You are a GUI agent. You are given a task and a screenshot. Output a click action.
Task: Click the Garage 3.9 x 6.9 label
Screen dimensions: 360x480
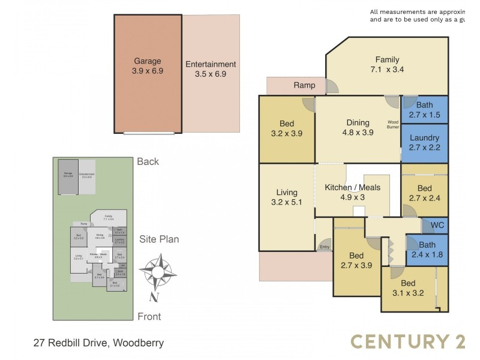pyautogui.click(x=148, y=65)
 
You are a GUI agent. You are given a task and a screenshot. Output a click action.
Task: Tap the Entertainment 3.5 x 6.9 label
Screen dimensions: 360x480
pyautogui.click(x=211, y=69)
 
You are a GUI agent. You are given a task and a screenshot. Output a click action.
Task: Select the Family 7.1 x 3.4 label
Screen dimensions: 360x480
pyautogui.click(x=387, y=64)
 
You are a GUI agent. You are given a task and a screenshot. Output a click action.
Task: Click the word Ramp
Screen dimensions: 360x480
pyautogui.click(x=304, y=85)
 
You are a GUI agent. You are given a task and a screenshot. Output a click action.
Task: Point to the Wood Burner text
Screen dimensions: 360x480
pyautogui.click(x=393, y=124)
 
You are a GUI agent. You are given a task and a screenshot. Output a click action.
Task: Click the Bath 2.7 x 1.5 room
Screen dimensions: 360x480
pyautogui.click(x=424, y=110)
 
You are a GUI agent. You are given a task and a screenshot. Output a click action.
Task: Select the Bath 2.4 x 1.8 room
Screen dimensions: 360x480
pyautogui.click(x=427, y=250)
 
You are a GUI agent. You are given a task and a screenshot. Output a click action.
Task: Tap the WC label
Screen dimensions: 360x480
pyautogui.click(x=437, y=226)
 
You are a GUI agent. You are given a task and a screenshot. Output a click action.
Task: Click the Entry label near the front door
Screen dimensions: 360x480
pyautogui.click(x=325, y=247)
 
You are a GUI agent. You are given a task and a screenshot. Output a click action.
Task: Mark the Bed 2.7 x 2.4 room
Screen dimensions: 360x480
pyautogui.click(x=424, y=193)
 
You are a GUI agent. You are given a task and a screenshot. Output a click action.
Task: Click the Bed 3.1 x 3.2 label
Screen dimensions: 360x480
pyautogui.click(x=408, y=288)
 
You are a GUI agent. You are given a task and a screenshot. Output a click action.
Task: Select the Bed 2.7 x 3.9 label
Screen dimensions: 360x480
pyautogui.click(x=356, y=260)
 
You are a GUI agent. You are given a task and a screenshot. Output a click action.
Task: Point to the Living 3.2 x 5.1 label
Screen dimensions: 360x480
pyautogui.click(x=287, y=197)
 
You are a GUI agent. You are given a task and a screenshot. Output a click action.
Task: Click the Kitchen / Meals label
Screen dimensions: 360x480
pyautogui.click(x=352, y=192)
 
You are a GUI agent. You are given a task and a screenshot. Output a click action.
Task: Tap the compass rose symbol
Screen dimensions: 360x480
pyautogui.click(x=157, y=273)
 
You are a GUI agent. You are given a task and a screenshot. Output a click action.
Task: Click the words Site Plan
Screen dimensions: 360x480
pyautogui.click(x=159, y=239)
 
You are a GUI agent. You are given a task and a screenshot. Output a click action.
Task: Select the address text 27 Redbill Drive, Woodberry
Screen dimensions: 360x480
pyautogui.click(x=98, y=343)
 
